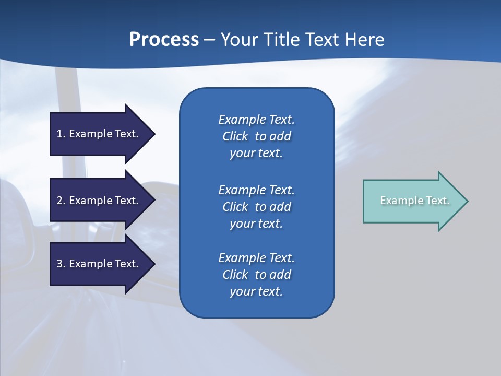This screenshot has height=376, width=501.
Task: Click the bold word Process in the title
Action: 164,40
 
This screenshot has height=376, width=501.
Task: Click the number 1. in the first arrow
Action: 61,134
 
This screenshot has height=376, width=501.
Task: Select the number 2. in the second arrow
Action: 61,201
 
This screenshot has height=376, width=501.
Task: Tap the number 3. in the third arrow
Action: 61,264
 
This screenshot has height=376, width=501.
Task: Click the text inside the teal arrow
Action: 415,201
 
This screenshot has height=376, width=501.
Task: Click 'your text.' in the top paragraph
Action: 256,154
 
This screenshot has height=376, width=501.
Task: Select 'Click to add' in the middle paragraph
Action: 256,207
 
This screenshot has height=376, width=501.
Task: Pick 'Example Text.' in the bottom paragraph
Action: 256,258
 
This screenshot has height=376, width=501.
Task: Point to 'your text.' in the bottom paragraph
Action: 256,292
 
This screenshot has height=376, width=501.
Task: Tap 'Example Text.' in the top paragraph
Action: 256,120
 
